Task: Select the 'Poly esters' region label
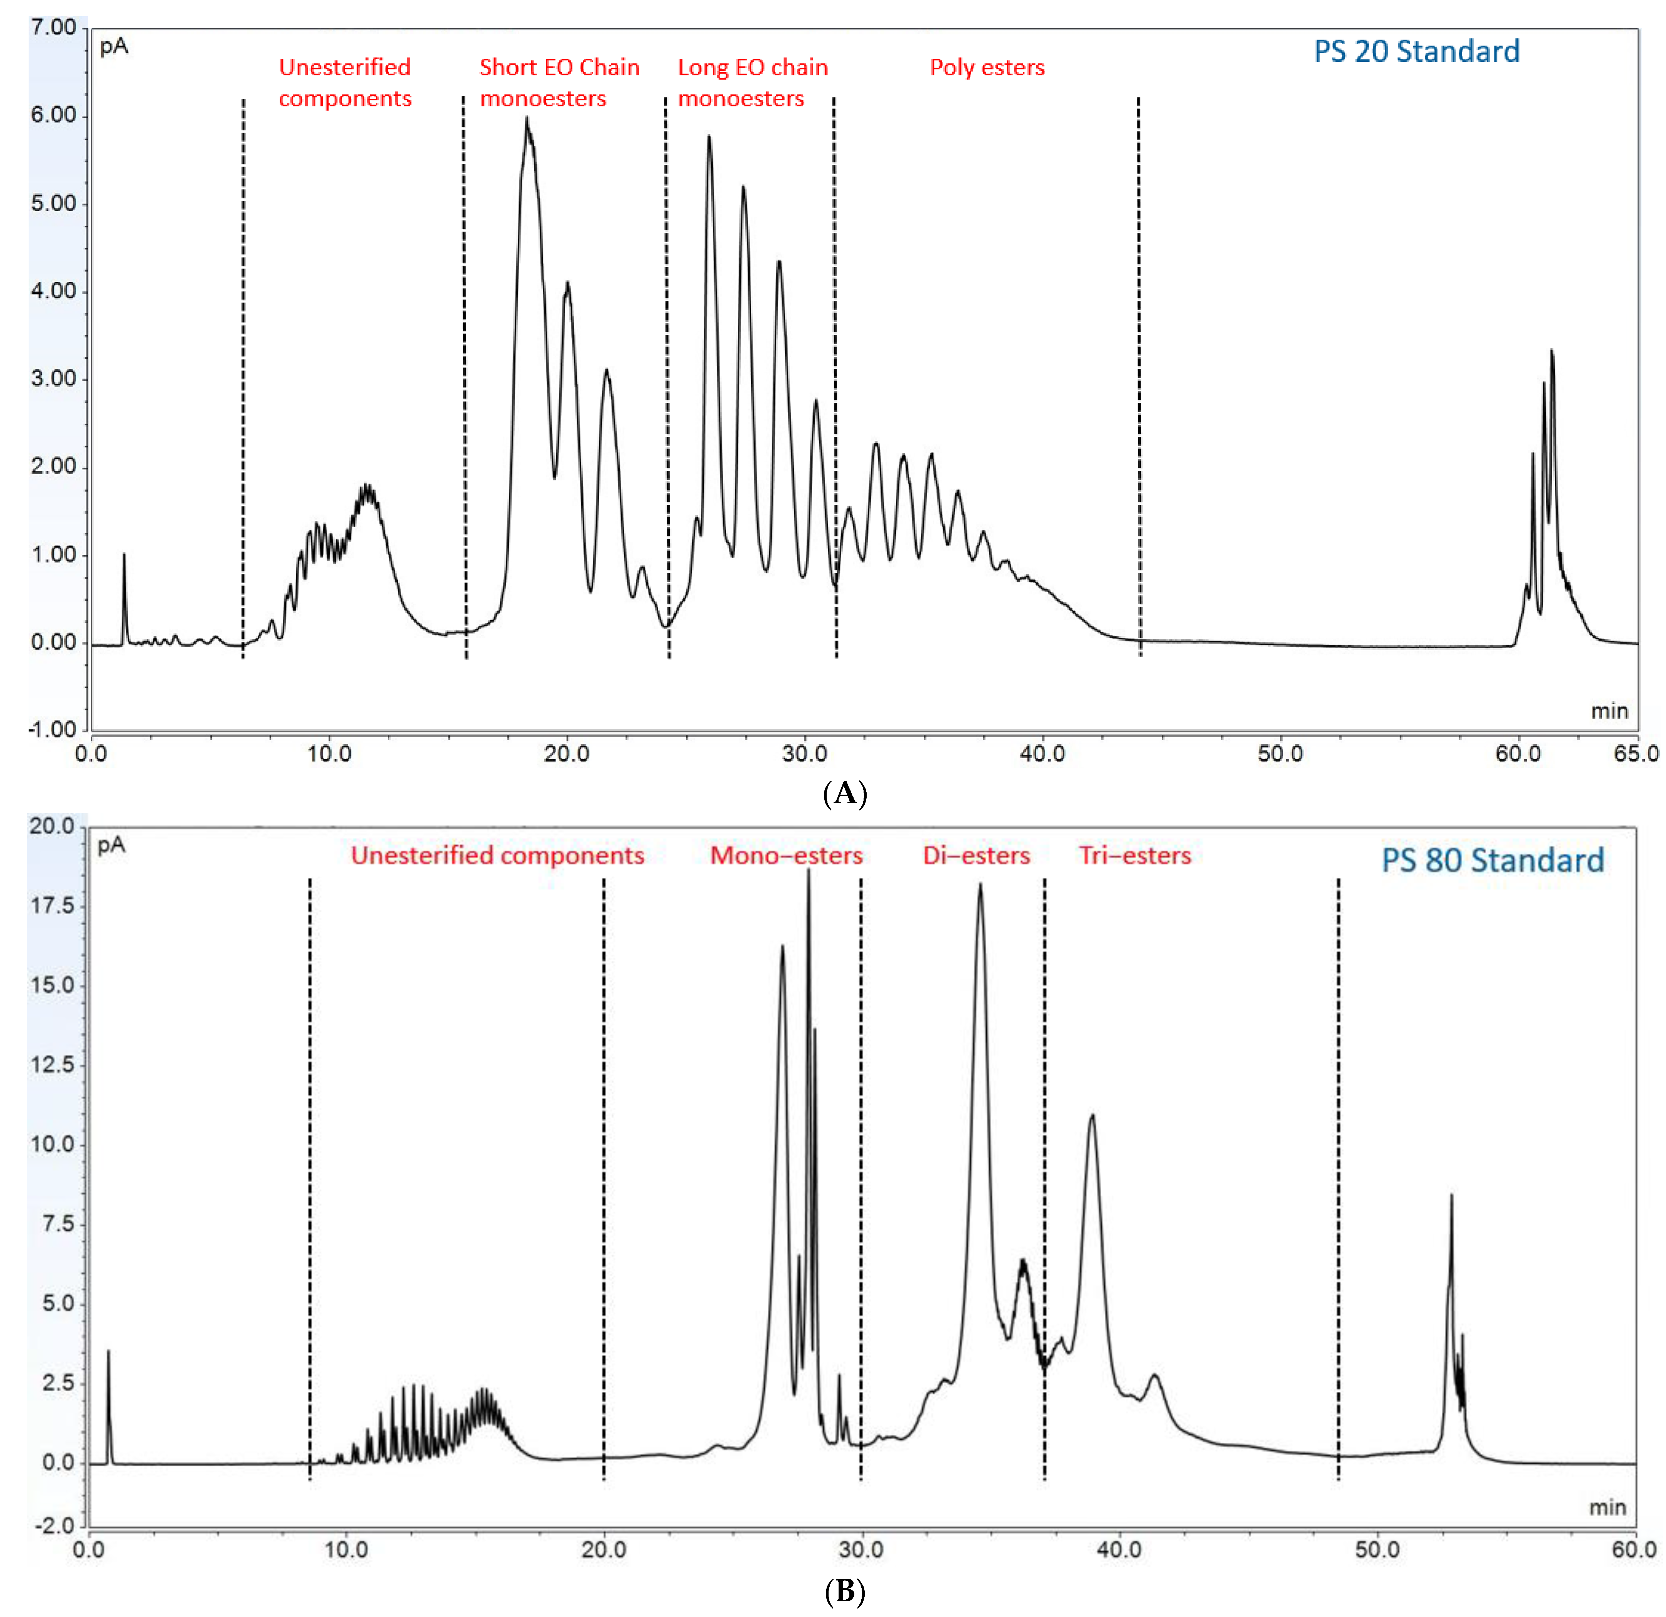point(987,68)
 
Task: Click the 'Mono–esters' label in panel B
point(786,856)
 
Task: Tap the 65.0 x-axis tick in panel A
point(1636,754)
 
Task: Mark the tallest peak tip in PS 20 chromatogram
point(527,119)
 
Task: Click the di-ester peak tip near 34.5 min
point(980,885)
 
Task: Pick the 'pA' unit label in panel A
point(114,47)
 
